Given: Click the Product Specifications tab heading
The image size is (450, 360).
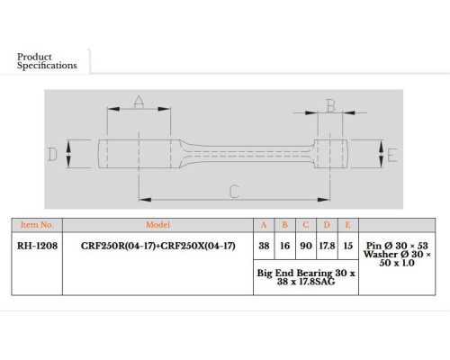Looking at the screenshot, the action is pos(47,61).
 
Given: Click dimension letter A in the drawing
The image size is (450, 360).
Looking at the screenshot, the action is pos(139,102).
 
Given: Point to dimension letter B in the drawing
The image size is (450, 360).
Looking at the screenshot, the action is pos(330,106).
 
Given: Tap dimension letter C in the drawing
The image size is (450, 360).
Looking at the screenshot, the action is pos(234,192).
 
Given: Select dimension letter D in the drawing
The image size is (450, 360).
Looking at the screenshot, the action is pos(52,155).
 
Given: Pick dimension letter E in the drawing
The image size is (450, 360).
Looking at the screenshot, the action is pos(392,156).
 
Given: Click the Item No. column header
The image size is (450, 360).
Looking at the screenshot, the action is pos(37,225).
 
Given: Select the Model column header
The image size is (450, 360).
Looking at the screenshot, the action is pos(157,225).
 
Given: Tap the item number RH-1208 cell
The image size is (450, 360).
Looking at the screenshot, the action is pos(37,246).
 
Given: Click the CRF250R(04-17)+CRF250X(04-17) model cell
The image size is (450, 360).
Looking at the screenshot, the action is pos(158,246).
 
